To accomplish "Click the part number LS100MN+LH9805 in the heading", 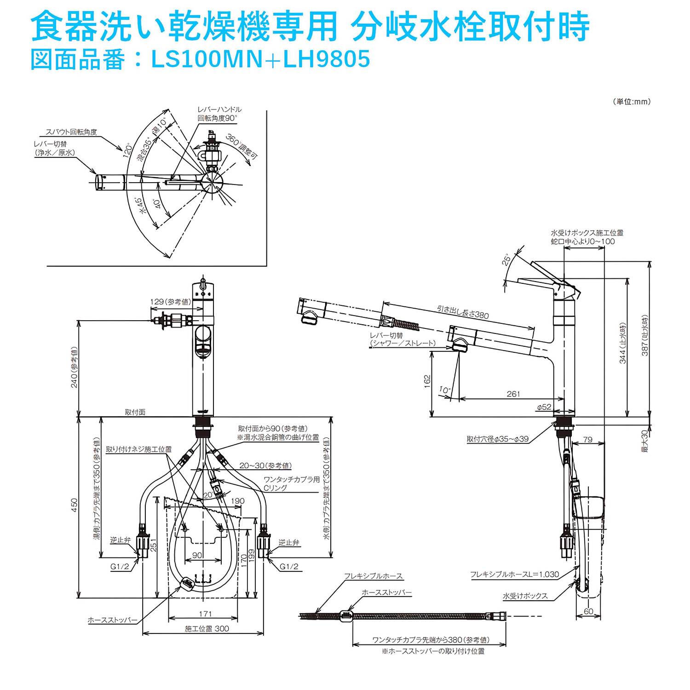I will click(260, 59).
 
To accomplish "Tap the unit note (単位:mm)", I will click(632, 102).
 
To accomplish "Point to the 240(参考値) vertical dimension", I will click(74, 367).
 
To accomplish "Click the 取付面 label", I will click(135, 412).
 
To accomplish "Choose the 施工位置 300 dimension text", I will click(207, 628).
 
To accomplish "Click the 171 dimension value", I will click(205, 614).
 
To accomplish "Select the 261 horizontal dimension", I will click(513, 394).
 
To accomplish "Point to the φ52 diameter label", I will click(544, 407).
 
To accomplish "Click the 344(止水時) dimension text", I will click(623, 343).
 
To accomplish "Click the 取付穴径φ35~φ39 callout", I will click(498, 439).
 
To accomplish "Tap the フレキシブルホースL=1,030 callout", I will click(514, 574).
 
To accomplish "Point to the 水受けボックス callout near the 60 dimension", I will click(525, 596).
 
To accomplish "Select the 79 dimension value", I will click(587, 439).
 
